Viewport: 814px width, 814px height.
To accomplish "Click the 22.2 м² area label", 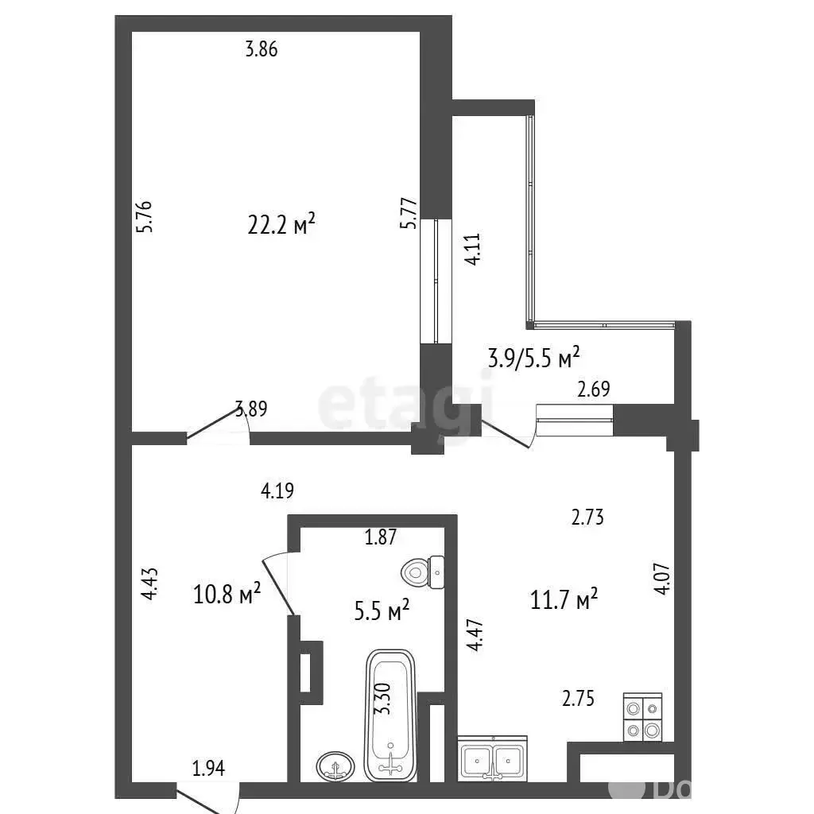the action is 281,224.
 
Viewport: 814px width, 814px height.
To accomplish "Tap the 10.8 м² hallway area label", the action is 227,593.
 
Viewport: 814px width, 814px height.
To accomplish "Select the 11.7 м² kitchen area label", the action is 564,599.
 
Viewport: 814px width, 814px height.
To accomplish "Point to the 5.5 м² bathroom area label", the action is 382,610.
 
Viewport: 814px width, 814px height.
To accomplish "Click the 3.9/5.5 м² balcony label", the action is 533,358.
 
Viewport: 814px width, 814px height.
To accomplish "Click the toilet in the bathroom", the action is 423,572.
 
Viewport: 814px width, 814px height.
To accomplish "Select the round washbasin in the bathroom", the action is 336,766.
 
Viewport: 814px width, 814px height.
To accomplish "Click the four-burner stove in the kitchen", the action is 642,717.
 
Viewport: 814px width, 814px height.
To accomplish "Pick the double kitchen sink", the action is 493,758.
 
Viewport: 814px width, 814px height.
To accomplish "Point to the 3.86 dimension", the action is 262,49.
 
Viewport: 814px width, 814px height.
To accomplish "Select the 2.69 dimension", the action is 594,389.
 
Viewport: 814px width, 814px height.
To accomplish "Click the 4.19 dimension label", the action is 277,490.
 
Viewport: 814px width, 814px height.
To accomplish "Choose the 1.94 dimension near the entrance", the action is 209,769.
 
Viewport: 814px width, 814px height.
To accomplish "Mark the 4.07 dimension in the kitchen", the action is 663,579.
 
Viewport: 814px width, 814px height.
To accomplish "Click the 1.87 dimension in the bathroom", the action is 381,537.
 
